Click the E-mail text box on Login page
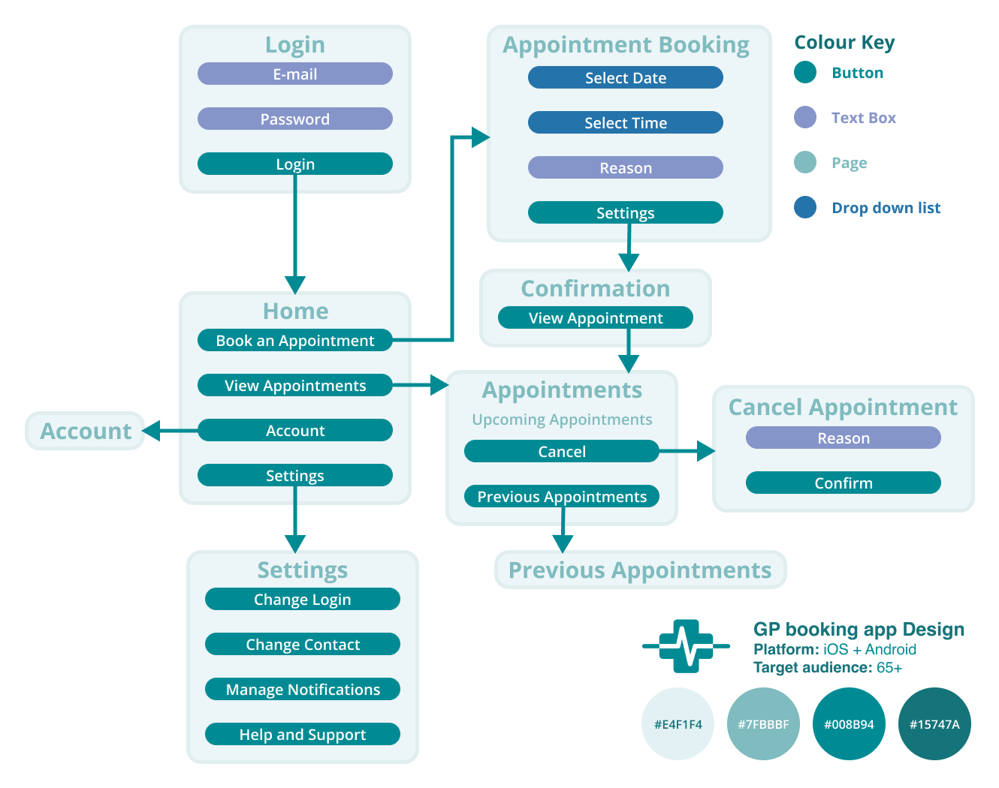[294, 74]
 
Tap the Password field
[294, 119]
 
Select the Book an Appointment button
[294, 340]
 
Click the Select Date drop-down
[625, 77]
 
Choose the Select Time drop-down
[625, 122]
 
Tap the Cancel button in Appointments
[561, 451]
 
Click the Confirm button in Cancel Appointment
[843, 483]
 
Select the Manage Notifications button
[302, 689]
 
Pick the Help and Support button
[302, 734]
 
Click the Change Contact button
[302, 644]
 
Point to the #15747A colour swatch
[934, 724]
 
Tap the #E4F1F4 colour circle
[678, 724]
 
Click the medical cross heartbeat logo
[686, 645]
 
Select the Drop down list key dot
[805, 207]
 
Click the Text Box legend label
[863, 118]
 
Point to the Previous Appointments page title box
[640, 570]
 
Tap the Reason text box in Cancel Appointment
[843, 438]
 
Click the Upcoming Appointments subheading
[562, 420]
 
